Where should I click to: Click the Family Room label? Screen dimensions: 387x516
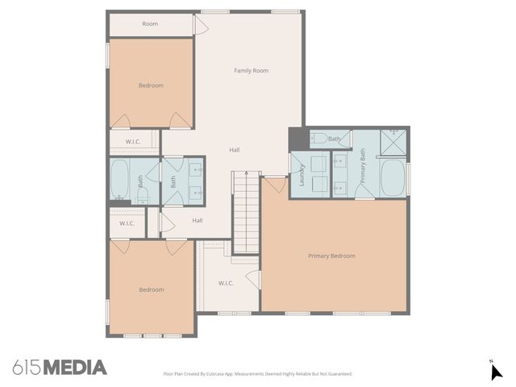point(251,71)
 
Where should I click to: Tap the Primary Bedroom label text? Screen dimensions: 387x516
point(331,256)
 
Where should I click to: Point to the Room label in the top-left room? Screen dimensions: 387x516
point(150,24)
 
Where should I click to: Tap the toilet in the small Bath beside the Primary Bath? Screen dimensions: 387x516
point(318,139)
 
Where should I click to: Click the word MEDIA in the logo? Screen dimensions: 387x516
point(74,368)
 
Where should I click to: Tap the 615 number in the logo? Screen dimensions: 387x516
point(27,368)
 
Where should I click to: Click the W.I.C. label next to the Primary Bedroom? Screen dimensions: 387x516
point(226,283)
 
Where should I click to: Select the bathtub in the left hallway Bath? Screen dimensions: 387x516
point(120,178)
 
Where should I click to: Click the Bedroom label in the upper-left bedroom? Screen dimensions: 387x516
point(151,85)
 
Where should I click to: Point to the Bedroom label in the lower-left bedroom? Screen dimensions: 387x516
point(151,290)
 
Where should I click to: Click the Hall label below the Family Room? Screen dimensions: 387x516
point(234,150)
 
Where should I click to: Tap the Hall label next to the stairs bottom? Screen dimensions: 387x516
point(198,220)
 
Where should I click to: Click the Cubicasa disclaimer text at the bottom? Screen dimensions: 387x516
point(258,374)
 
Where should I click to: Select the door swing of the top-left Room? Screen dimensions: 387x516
point(201,26)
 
